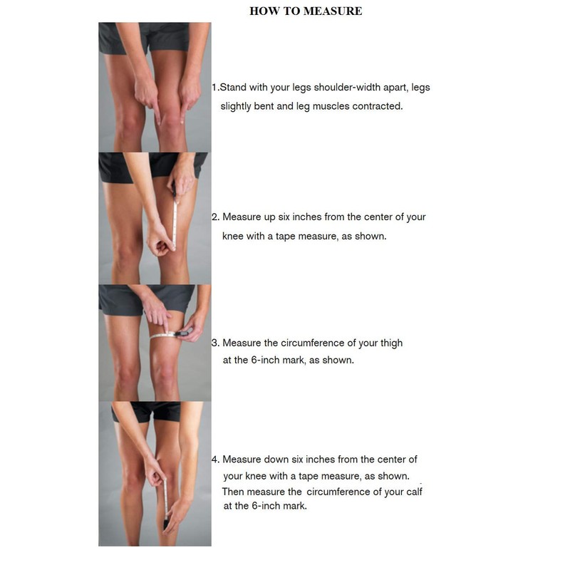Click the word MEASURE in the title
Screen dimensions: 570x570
click(x=333, y=11)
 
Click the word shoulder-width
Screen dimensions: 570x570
click(x=334, y=88)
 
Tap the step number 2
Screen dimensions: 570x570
click(x=214, y=217)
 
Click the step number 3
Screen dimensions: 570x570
click(x=214, y=343)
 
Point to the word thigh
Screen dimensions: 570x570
click(x=390, y=343)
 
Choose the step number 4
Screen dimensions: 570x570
click(x=214, y=460)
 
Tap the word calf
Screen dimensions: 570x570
click(x=413, y=492)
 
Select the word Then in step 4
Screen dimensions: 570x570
click(x=234, y=492)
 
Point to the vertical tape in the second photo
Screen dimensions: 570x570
click(x=175, y=214)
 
